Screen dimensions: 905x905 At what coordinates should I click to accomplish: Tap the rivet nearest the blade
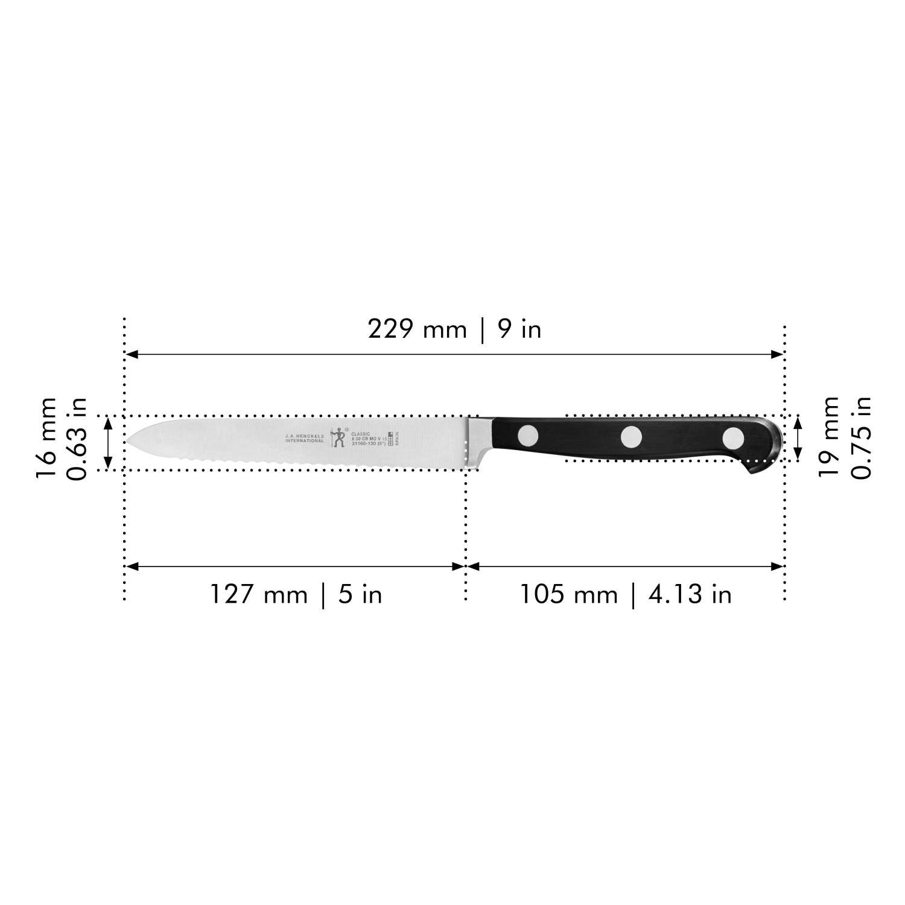coord(529,435)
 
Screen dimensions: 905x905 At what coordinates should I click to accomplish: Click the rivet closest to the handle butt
coord(733,437)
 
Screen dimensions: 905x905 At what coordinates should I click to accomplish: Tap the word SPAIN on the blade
coord(397,439)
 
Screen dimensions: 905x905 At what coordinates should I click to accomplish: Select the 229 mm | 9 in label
coord(454,330)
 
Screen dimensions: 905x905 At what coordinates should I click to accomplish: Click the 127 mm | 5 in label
coord(296,595)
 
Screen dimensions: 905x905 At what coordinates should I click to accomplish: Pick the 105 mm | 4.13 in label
coord(626,595)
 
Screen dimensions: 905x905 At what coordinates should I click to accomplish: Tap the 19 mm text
coord(828,437)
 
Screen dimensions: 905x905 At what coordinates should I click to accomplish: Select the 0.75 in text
coord(860,437)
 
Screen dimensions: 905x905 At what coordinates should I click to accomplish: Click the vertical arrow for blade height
coord(109,443)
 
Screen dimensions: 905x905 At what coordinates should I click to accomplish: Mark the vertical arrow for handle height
coord(798,438)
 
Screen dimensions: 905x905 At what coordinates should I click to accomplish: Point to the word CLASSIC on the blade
coord(361,434)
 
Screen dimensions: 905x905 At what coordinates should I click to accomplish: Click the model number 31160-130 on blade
coord(364,443)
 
